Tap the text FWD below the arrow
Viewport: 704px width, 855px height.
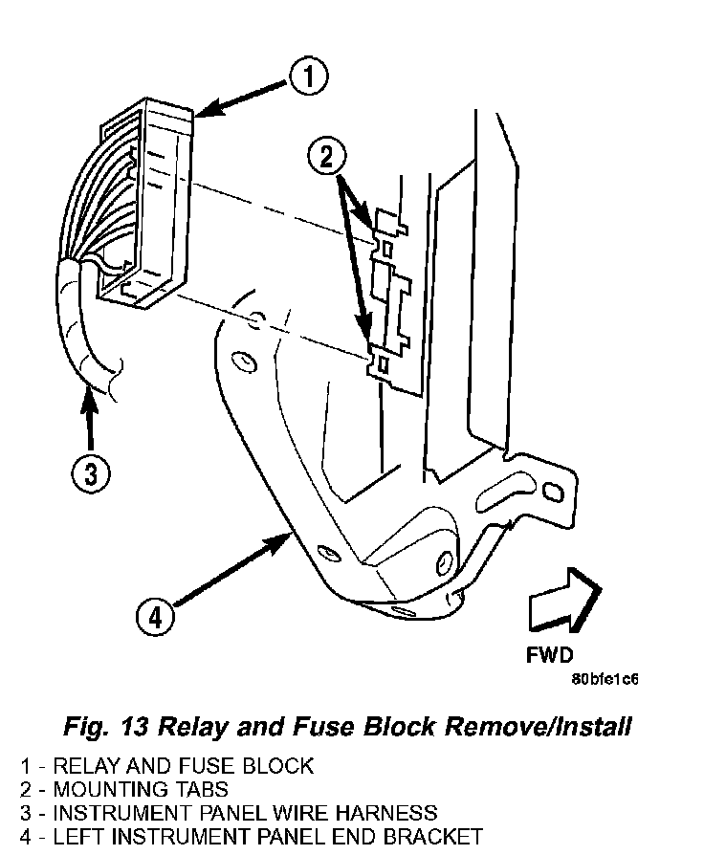tap(550, 656)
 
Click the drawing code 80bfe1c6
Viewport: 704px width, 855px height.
tap(605, 680)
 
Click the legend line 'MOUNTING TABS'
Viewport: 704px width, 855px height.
tap(141, 789)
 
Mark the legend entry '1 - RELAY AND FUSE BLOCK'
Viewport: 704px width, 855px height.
tap(166, 765)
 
